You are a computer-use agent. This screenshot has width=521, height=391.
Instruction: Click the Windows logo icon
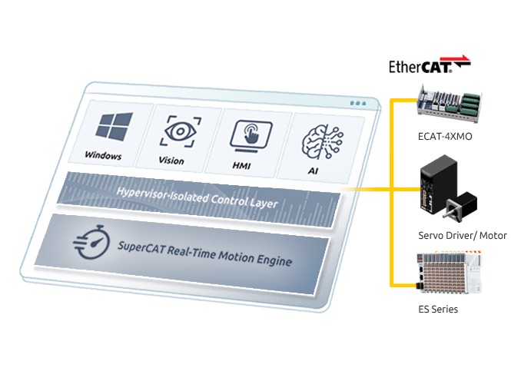click(114, 127)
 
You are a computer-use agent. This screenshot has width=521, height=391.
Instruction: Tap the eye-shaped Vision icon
click(180, 131)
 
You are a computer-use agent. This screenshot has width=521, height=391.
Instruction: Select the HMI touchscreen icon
click(251, 136)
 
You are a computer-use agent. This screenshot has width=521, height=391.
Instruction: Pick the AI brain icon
click(322, 142)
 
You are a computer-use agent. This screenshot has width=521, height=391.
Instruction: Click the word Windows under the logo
click(103, 155)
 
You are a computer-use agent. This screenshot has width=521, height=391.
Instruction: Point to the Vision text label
click(171, 161)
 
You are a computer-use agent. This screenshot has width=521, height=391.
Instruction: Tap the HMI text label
click(241, 165)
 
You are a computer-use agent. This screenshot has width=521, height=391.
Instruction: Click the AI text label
click(313, 171)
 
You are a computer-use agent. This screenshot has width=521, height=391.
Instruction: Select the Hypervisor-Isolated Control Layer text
click(197, 197)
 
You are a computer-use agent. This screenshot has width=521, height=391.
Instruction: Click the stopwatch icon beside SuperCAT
click(91, 242)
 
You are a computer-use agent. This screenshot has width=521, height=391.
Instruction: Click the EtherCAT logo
click(430, 65)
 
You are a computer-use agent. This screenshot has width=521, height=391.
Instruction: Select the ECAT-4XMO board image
click(450, 104)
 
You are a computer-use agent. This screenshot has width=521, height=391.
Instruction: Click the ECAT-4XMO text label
click(445, 137)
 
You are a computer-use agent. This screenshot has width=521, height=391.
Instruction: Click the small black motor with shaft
click(460, 207)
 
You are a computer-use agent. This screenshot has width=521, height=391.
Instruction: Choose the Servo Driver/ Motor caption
click(463, 236)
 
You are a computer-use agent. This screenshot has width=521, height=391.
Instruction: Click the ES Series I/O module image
click(449, 272)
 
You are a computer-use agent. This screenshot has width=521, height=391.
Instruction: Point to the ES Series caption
click(438, 310)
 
